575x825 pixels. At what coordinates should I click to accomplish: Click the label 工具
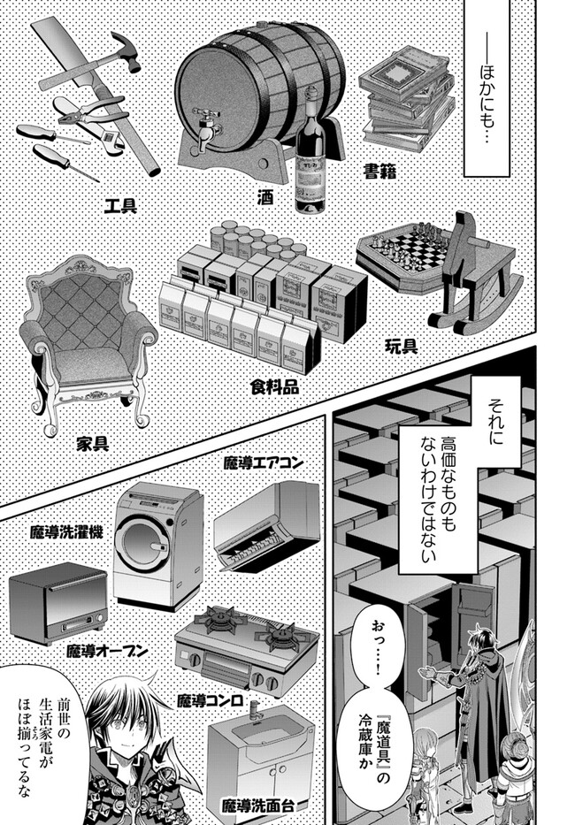(119, 207)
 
